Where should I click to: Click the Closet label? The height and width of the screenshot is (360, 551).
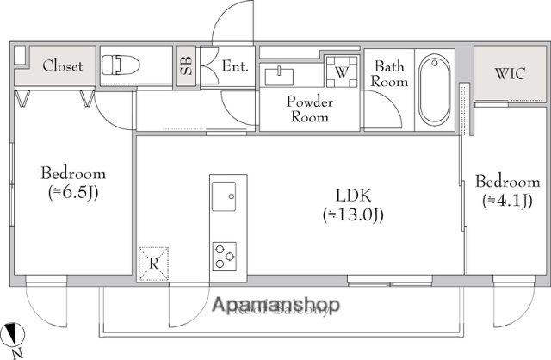click(x=63, y=65)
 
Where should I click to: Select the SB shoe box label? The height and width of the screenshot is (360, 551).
click(x=186, y=65)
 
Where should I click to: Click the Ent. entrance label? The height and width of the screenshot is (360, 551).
click(x=234, y=65)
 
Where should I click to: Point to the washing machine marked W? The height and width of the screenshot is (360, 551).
click(x=341, y=72)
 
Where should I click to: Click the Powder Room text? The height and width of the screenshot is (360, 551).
click(x=309, y=109)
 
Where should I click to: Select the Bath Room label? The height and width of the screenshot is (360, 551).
click(x=389, y=73)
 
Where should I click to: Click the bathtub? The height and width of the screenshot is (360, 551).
click(x=436, y=90)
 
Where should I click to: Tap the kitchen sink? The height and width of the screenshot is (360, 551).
click(x=227, y=196)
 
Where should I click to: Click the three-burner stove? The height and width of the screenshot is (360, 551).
click(x=226, y=255)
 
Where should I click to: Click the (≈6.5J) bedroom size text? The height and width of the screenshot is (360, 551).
click(x=72, y=192)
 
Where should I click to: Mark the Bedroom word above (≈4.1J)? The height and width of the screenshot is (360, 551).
click(x=507, y=182)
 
